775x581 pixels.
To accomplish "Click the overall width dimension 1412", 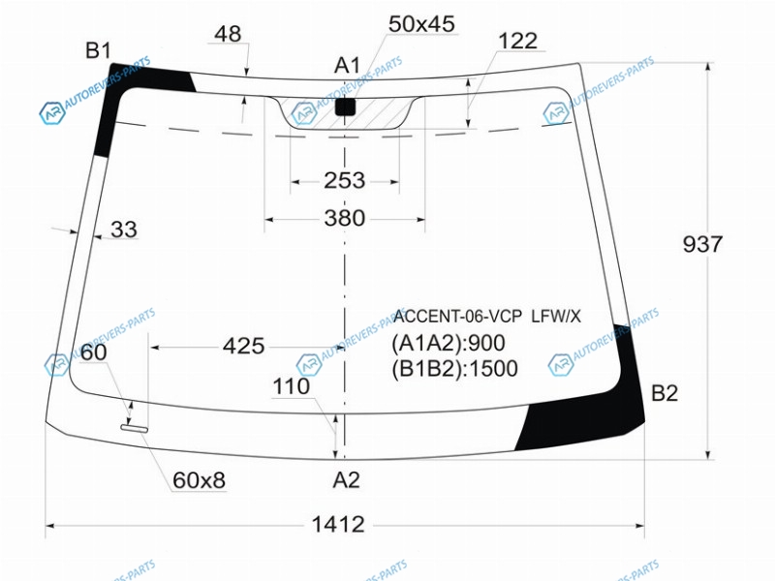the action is pos(338,524).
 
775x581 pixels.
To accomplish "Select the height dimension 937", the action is pos(702,244).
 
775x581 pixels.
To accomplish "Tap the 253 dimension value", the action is pos(345,180).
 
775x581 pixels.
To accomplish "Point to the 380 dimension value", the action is pos(345,218).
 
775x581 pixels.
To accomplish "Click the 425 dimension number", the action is pos(244,346).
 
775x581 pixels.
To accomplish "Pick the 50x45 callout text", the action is pos(421,23).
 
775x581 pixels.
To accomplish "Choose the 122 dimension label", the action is pos(518,41).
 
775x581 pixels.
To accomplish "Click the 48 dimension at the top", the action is pos(228,34).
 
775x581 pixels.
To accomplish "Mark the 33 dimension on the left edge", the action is pos(124,229).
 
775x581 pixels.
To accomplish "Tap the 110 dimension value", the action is pos(292,386).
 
